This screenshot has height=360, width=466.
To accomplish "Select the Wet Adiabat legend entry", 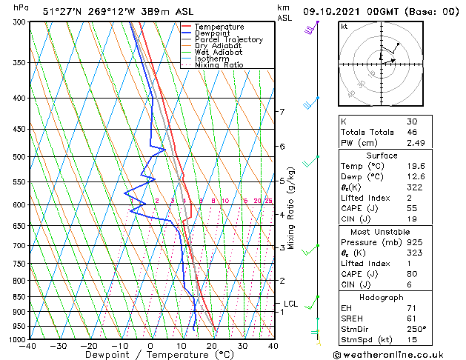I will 219,53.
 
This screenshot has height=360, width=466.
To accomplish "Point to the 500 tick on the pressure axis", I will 20,157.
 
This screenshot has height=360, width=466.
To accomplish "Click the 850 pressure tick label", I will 20,296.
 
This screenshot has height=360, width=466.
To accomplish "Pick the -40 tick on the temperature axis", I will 30,345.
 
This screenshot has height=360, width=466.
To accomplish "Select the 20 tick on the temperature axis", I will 212,345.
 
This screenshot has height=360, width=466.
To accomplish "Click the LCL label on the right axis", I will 291,304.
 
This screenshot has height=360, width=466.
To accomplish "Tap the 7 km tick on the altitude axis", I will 282,112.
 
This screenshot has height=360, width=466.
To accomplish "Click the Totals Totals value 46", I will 412,132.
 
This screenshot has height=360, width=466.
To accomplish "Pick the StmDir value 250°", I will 417,328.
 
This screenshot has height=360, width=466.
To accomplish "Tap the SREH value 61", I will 412,318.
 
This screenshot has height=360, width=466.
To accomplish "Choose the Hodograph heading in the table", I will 382,296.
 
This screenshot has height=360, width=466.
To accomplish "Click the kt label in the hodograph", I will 344,27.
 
